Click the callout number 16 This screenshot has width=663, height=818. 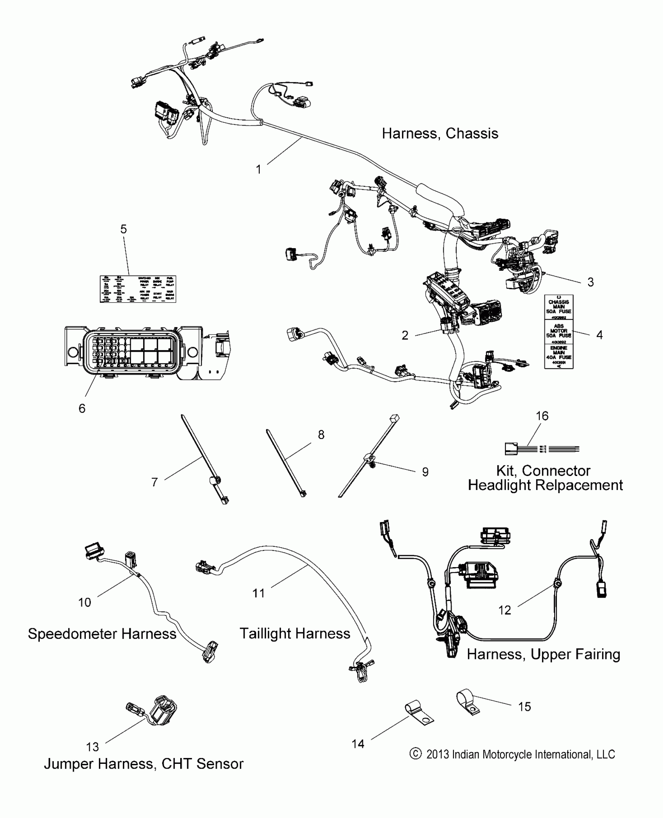(542, 416)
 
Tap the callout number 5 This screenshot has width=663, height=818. (123, 229)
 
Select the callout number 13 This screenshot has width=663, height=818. (92, 747)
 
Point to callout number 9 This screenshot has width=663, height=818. (425, 472)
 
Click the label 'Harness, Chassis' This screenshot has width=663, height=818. (440, 134)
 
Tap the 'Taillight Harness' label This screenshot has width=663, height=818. (295, 634)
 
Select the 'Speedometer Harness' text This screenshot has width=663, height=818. (102, 634)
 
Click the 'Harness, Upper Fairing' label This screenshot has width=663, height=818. (543, 654)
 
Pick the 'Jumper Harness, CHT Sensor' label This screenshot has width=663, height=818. (144, 764)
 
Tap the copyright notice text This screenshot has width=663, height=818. (512, 755)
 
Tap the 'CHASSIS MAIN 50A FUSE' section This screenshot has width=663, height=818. (558, 307)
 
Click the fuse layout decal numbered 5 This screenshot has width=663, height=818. (138, 289)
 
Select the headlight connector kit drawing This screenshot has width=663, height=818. (542, 449)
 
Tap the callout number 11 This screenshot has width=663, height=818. (258, 593)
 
